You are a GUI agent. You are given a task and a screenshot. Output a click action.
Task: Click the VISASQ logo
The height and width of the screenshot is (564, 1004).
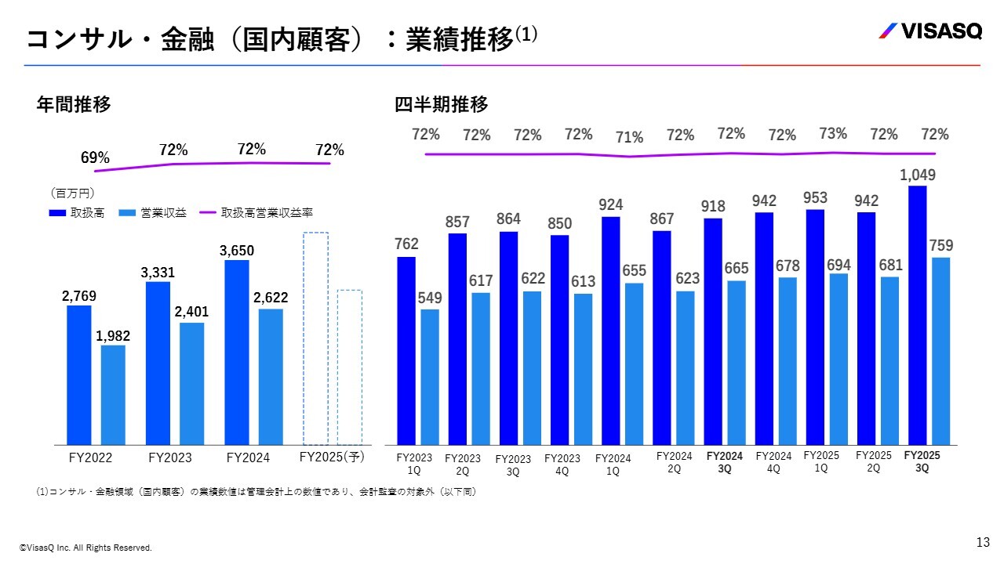tap(929, 31)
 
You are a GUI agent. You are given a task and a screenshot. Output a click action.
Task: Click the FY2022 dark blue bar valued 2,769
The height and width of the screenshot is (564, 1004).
tap(78, 374)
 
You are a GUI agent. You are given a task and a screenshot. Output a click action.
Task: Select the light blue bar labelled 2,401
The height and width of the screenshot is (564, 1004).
tap(191, 384)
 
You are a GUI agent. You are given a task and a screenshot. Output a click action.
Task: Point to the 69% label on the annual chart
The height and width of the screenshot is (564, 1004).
tap(95, 158)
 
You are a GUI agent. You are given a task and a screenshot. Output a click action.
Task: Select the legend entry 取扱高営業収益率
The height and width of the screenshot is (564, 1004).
tap(256, 212)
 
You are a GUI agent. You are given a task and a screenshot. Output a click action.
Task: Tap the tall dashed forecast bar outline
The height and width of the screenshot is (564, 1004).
tap(316, 338)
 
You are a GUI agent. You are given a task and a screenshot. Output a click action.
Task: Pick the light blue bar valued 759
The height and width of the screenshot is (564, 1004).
tap(940, 351)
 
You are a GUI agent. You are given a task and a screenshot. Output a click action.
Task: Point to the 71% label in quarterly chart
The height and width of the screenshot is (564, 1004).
tap(629, 138)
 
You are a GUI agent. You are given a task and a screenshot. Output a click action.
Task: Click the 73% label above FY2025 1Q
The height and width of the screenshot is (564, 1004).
tap(833, 134)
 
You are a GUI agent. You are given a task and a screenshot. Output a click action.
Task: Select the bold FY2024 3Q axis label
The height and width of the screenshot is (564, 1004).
tap(724, 462)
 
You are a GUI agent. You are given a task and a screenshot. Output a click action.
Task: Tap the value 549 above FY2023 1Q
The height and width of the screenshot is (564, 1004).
tap(430, 298)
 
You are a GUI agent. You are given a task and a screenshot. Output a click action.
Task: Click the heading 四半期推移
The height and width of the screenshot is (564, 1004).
tap(441, 104)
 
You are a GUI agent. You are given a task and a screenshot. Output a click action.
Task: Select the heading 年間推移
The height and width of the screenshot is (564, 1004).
tap(74, 104)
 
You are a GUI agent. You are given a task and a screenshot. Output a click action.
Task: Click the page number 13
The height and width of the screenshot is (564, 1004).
tap(983, 542)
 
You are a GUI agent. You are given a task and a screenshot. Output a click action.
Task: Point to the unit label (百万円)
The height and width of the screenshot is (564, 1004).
tap(72, 193)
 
